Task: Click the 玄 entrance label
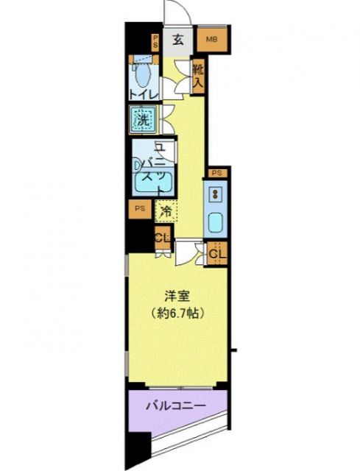[178, 40]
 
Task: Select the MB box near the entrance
[211, 40]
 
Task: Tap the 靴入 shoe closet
[199, 76]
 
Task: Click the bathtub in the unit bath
[152, 183]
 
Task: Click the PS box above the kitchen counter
[217, 173]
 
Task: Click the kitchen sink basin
[216, 222]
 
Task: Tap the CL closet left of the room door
[163, 238]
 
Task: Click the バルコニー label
[174, 406]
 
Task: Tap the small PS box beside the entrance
[155, 40]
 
